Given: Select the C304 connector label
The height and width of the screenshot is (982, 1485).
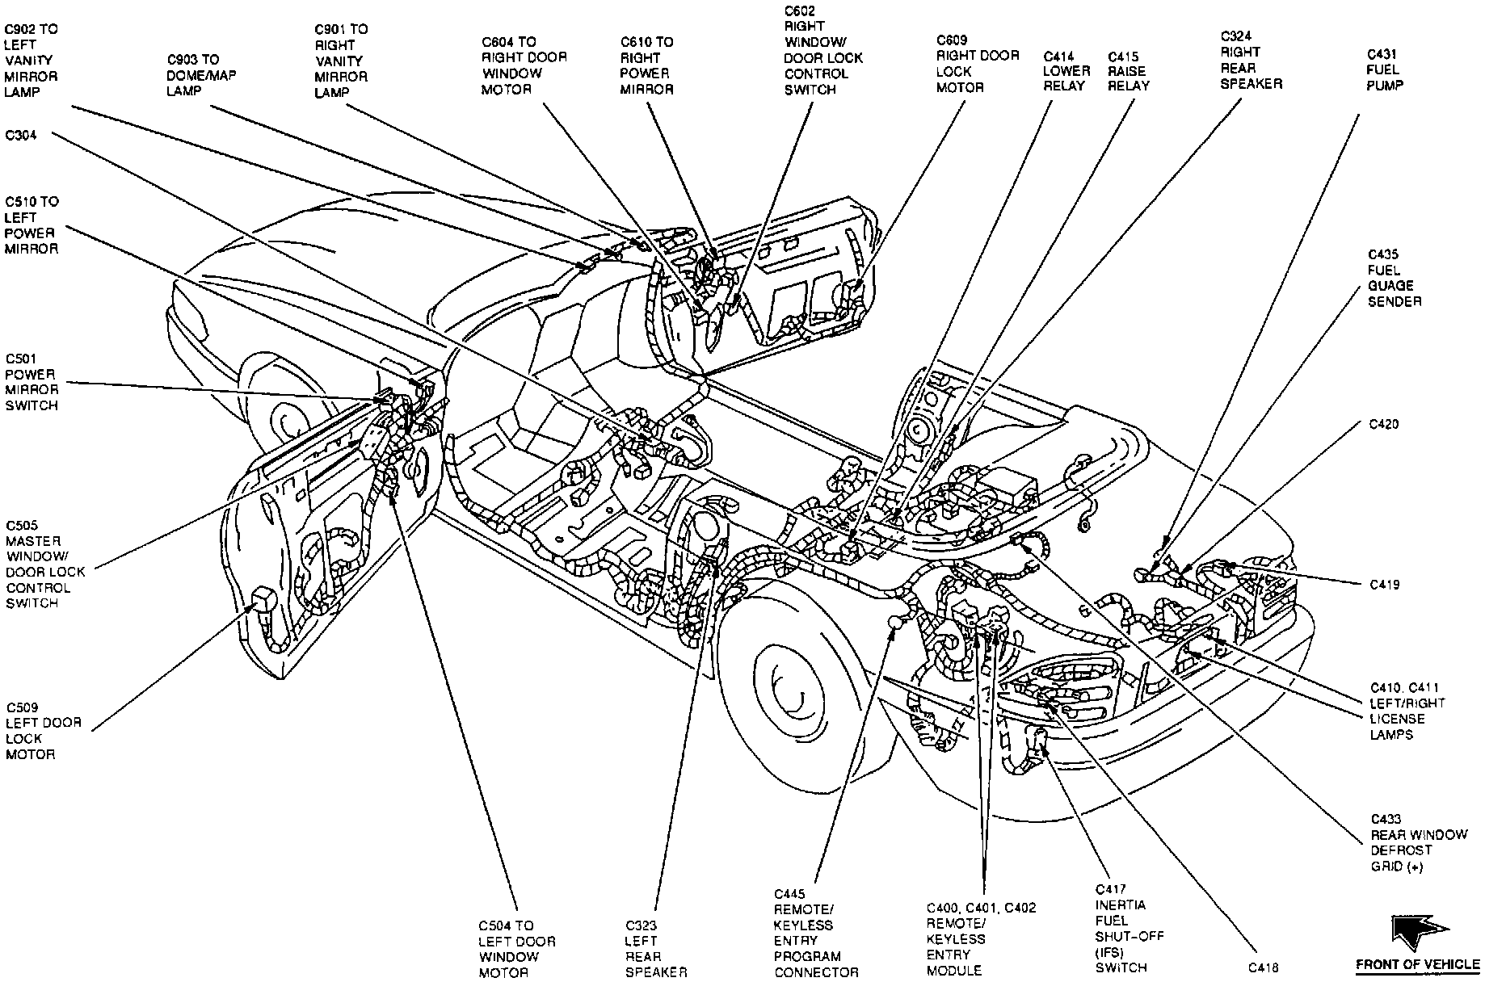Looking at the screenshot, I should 21,136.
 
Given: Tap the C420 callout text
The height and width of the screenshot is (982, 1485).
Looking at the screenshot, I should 1384,424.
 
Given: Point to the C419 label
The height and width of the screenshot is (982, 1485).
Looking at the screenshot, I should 1384,585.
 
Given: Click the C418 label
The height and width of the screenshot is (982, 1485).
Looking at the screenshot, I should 1264,967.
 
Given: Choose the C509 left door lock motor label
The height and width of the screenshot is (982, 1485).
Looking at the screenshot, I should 43,732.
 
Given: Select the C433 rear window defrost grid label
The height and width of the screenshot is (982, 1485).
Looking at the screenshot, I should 1418,842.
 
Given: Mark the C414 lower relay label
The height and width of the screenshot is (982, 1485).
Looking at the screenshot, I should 1066,71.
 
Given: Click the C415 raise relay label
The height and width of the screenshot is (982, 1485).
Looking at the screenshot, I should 1128,71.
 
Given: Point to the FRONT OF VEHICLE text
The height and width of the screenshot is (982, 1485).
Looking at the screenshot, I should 1416,964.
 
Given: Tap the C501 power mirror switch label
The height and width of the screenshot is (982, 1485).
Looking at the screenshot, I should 32,382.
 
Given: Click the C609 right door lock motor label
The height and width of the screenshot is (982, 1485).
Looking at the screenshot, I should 978,64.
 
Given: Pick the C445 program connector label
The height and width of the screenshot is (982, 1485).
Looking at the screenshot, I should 815,933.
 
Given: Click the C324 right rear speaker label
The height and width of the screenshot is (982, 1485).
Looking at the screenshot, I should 1251,60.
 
